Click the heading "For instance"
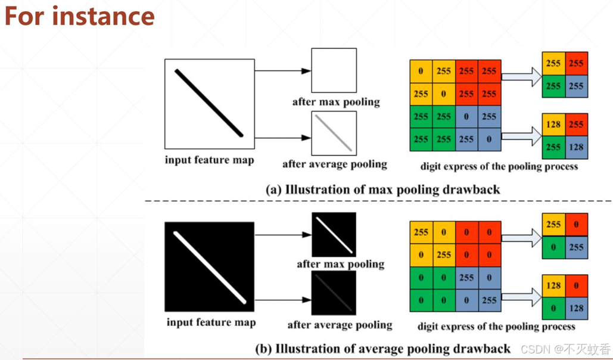tap(79, 16)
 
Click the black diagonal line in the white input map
tap(209, 103)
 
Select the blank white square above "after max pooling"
tap(334, 70)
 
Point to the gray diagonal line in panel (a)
tap(334, 134)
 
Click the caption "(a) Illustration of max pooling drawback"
tap(382, 190)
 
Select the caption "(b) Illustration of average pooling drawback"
tap(382, 349)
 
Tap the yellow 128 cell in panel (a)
tap(553, 125)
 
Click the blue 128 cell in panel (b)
tap(576, 308)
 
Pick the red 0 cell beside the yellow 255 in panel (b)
tap(576, 225)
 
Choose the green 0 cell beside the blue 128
tap(553, 308)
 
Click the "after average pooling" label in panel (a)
tap(334, 164)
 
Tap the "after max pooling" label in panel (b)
tap(340, 263)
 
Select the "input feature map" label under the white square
tap(209, 160)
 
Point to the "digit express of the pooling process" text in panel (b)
tap(496, 326)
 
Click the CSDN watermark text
tap(565, 349)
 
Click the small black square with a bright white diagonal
tap(334, 235)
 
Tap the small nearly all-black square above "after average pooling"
tap(334, 293)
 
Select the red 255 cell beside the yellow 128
tap(576, 125)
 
